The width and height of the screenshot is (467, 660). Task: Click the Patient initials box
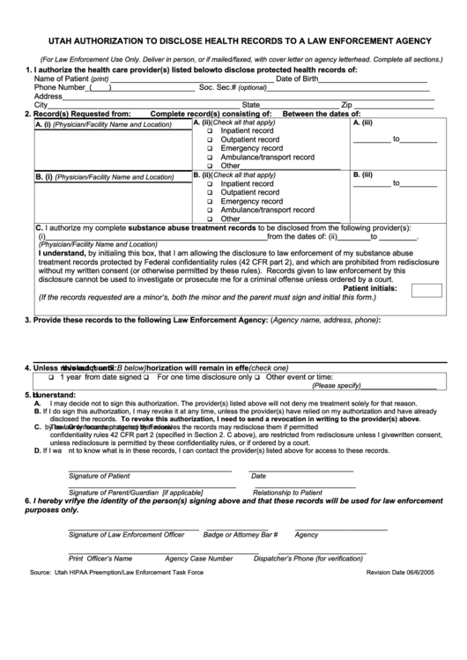[x=426, y=290]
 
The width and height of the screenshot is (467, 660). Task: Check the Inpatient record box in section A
[x=210, y=130]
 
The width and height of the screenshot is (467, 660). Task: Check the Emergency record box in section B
[x=210, y=202]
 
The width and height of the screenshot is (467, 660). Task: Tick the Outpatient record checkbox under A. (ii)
[x=210, y=139]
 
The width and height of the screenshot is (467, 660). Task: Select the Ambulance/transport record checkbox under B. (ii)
[x=210, y=211]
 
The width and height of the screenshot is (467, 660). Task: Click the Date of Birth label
[x=297, y=78]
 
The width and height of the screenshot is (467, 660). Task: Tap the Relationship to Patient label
[x=287, y=493]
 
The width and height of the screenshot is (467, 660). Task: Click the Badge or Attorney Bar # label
[x=241, y=534]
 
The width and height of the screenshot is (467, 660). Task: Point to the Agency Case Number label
[x=198, y=558]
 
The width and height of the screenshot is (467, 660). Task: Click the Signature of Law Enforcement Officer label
[x=126, y=534]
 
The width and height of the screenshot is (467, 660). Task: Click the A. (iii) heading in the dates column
[x=362, y=122]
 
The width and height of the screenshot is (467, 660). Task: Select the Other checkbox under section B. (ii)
[x=210, y=219]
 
